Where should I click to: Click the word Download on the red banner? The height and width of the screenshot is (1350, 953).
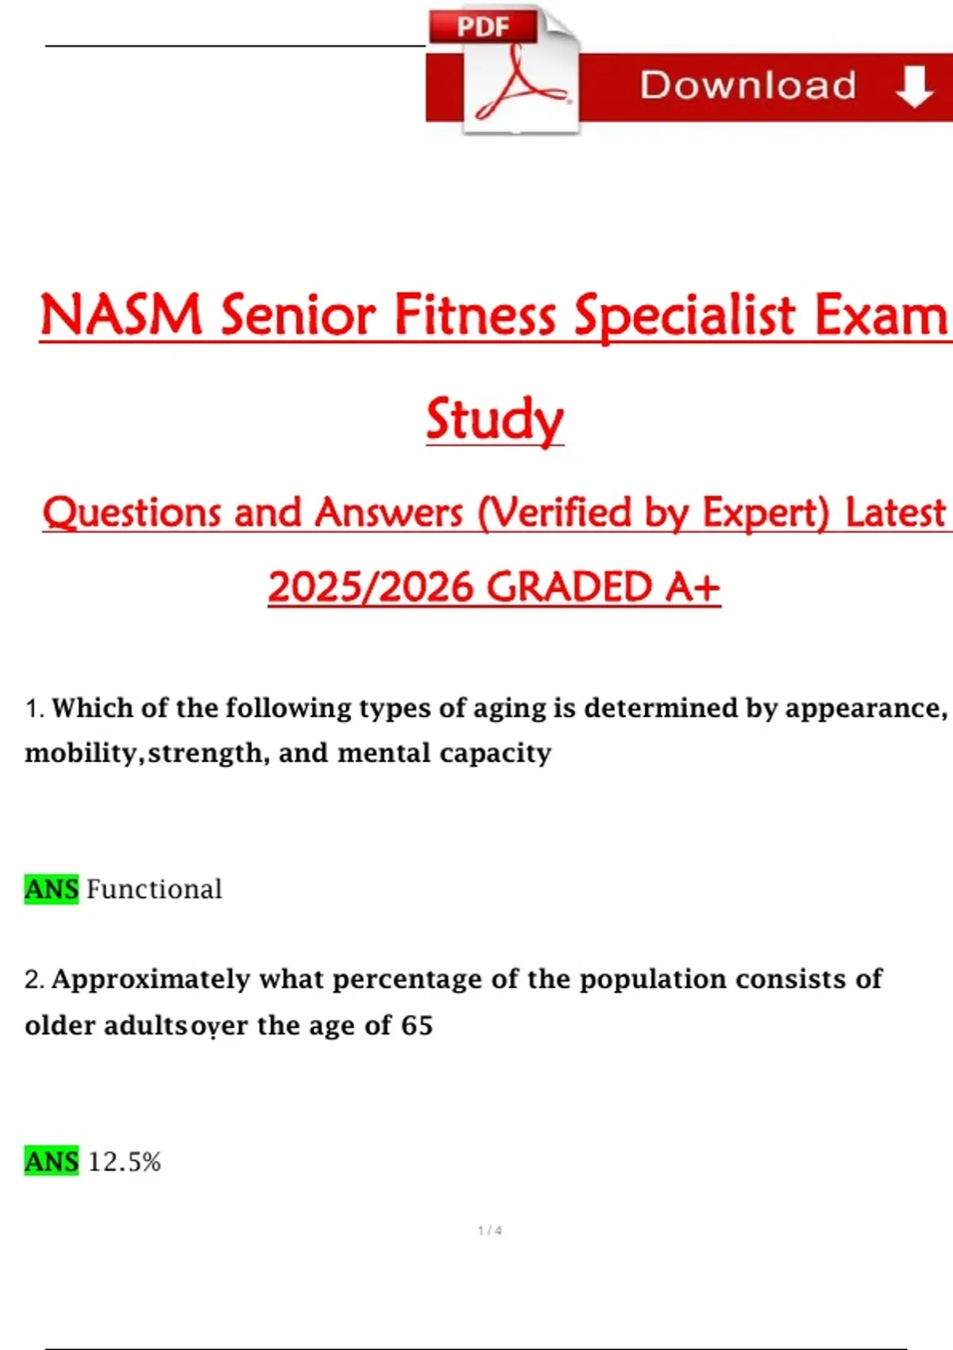pos(748,85)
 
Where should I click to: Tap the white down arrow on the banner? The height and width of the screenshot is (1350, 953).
pos(914,87)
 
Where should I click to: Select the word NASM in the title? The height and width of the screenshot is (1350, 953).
pos(121,314)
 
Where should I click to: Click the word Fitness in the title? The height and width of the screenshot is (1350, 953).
pos(474,314)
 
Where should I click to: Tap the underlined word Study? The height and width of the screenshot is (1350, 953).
pos(495,419)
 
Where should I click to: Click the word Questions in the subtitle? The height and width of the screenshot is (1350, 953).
pos(132,514)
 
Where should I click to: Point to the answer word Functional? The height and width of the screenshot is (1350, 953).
pos(154,889)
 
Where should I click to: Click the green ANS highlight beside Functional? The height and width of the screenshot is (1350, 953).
pos(52,889)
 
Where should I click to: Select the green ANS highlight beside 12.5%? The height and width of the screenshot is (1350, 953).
pos(52,1161)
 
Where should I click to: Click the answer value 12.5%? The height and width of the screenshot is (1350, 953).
pos(124,1161)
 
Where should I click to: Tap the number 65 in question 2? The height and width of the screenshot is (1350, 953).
pos(417,1025)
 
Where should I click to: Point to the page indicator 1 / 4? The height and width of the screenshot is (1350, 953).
pos(489,1230)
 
